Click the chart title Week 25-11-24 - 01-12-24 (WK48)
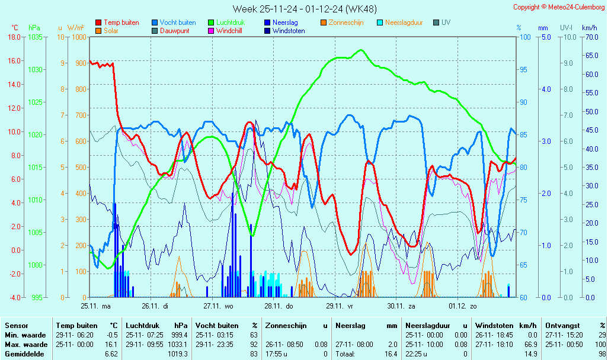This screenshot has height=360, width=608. pyautogui.click(x=304, y=9)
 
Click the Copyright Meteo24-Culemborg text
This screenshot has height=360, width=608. pyautogui.click(x=559, y=7)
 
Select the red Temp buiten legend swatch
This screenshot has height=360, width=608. pyautogui.click(x=98, y=22)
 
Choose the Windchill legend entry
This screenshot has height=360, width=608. pyautogui.click(x=228, y=31)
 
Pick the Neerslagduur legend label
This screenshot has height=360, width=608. pyautogui.click(x=404, y=22)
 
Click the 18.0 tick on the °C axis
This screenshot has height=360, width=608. pyautogui.click(x=14, y=37)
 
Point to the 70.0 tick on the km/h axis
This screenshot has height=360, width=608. pyautogui.click(x=590, y=37)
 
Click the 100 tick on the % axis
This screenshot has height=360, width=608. pyautogui.click(x=524, y=37)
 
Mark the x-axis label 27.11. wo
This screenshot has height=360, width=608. pyautogui.click(x=219, y=306)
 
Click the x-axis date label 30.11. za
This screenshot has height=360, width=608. pyautogui.click(x=401, y=306)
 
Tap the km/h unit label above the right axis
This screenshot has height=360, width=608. pyautogui.click(x=589, y=28)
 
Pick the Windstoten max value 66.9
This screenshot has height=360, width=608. pyautogui.click(x=530, y=344)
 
